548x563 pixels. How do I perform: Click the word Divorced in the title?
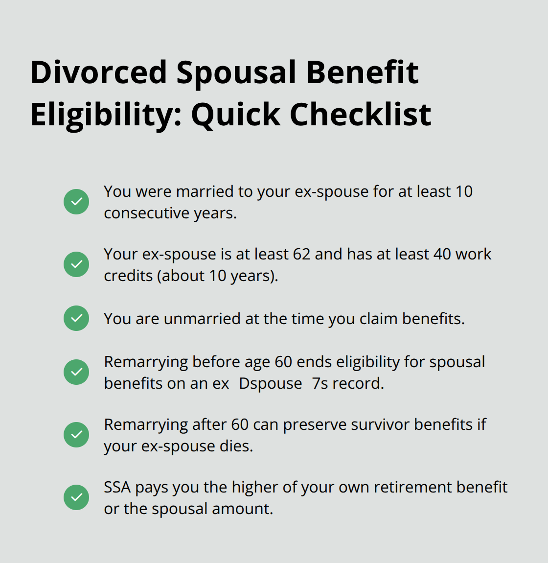[x=99, y=72]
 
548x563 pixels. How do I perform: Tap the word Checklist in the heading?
[x=360, y=115]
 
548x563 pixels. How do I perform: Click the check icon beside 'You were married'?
[x=76, y=202]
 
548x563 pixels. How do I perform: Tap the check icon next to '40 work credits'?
[x=76, y=264]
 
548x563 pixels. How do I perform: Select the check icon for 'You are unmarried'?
[x=76, y=318]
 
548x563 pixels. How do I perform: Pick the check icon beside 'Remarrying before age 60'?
[x=76, y=372]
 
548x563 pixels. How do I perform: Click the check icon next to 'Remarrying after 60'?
[x=76, y=435]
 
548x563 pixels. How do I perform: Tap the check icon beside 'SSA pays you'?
[x=76, y=497]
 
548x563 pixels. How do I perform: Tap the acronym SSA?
[x=117, y=487]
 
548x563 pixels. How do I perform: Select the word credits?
[x=128, y=276]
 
